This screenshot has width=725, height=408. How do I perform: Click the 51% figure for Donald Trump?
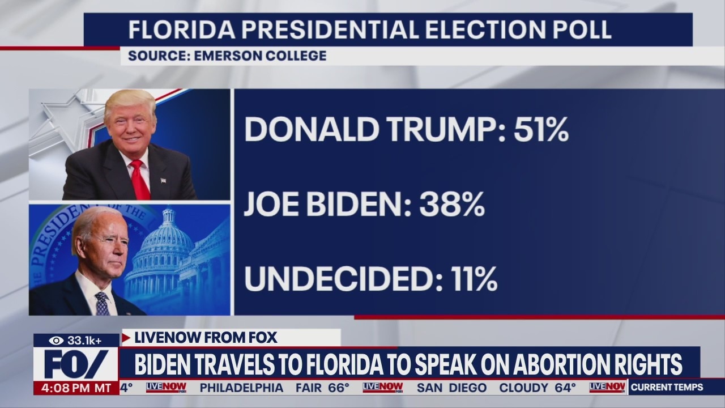click(x=541, y=130)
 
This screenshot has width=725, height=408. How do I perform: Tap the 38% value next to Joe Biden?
click(x=452, y=205)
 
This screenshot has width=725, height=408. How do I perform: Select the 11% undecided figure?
click(x=474, y=279)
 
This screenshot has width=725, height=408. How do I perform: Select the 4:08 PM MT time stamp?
click(x=76, y=388)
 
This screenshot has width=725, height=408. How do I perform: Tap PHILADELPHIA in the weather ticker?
click(x=241, y=388)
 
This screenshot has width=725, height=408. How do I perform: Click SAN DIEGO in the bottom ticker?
click(x=452, y=388)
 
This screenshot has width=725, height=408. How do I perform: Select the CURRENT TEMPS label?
click(x=667, y=388)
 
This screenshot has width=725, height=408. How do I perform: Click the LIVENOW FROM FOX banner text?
click(x=206, y=338)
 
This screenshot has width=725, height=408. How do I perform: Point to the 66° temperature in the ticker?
click(x=339, y=388)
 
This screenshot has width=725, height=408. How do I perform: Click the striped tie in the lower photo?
click(x=103, y=304)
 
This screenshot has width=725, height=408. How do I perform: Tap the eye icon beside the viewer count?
click(x=56, y=341)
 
